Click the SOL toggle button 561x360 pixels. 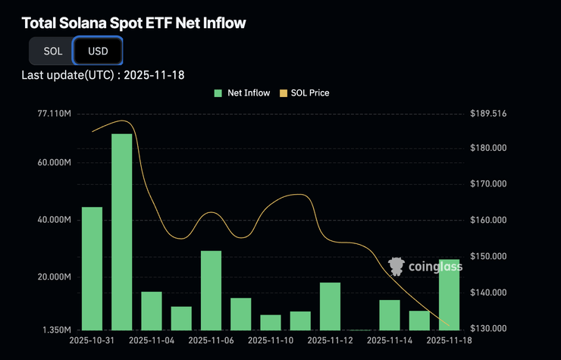click(x=52, y=52)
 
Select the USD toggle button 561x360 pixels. click(x=98, y=52)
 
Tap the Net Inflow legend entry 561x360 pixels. click(x=243, y=93)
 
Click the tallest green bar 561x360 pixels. click(x=122, y=231)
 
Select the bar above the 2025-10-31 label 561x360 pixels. click(x=92, y=268)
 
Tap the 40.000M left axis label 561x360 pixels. click(x=55, y=220)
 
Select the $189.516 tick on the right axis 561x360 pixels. click(x=487, y=114)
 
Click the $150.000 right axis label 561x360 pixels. click(x=487, y=256)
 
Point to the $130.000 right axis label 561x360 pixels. click(x=487, y=329)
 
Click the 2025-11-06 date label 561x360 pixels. click(x=212, y=342)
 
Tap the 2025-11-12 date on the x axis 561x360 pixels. click(x=331, y=342)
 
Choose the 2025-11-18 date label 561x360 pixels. click(x=449, y=342)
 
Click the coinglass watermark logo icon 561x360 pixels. click(x=395, y=266)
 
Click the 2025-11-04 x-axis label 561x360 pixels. click(x=152, y=342)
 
